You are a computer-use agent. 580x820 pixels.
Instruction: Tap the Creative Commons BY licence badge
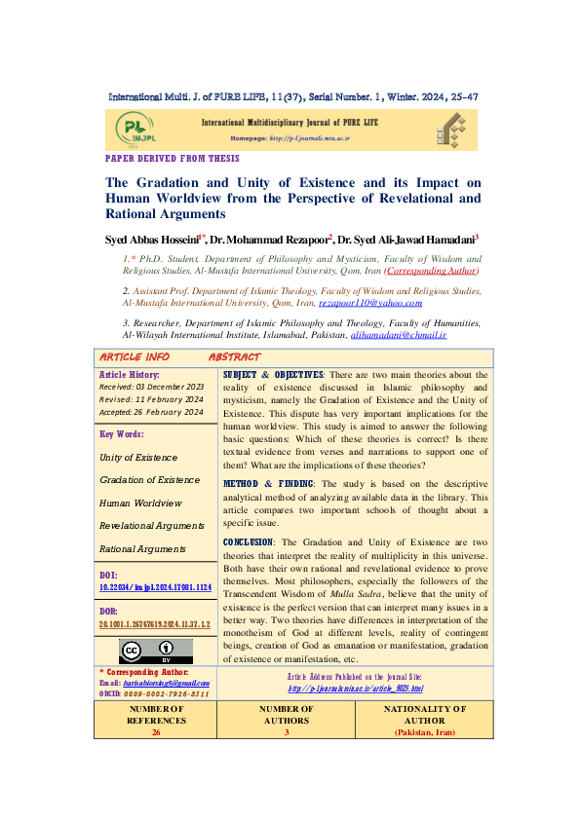coord(156,652)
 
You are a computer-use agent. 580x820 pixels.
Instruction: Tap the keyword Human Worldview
coord(141,503)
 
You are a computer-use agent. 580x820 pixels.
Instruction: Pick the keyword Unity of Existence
coord(138,457)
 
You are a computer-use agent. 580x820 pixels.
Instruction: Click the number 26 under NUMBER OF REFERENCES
coord(156,731)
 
